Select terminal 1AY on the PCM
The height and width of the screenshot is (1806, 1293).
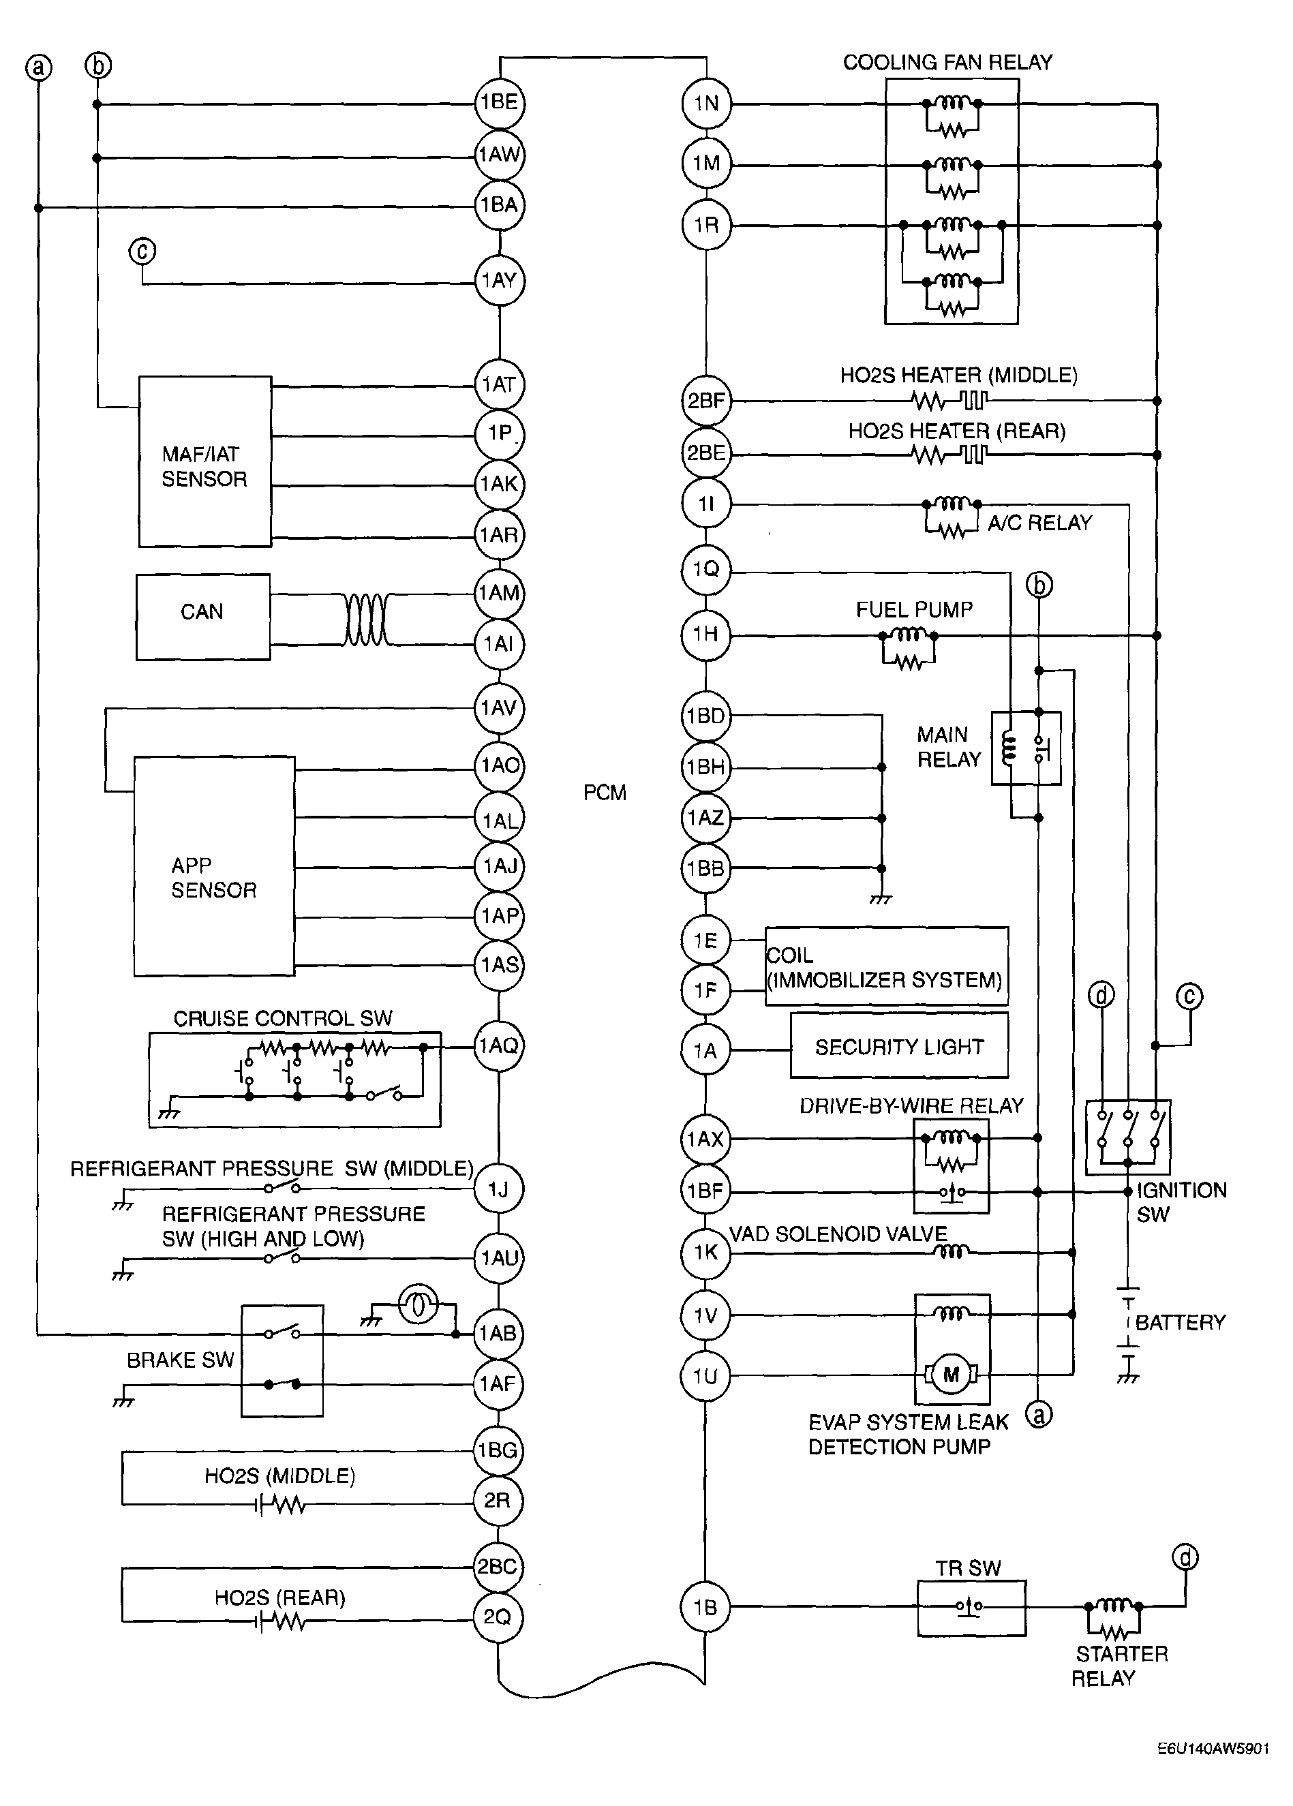coord(499,280)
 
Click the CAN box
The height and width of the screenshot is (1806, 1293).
coord(202,616)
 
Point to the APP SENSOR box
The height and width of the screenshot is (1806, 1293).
coord(213,866)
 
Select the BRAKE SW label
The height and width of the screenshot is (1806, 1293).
coord(180,1360)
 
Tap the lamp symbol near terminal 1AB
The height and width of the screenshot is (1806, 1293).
coord(418,1303)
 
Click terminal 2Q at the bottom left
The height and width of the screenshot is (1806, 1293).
coord(498,1617)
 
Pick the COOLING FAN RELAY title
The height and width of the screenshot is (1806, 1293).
coord(947,62)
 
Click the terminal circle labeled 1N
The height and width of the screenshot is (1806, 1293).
coord(706,104)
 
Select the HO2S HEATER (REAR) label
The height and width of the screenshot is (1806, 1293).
coord(956,431)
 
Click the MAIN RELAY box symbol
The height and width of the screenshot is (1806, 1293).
coord(1026,748)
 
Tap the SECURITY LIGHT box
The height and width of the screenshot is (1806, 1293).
coord(899,1047)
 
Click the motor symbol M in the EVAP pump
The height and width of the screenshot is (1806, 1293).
coord(951,1375)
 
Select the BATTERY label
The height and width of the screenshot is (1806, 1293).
coord(1179,1322)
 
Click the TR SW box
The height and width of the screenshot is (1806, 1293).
coord(971,1608)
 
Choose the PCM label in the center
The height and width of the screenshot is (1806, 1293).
coord(605,793)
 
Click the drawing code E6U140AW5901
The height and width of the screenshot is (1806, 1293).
coord(1213,1748)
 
